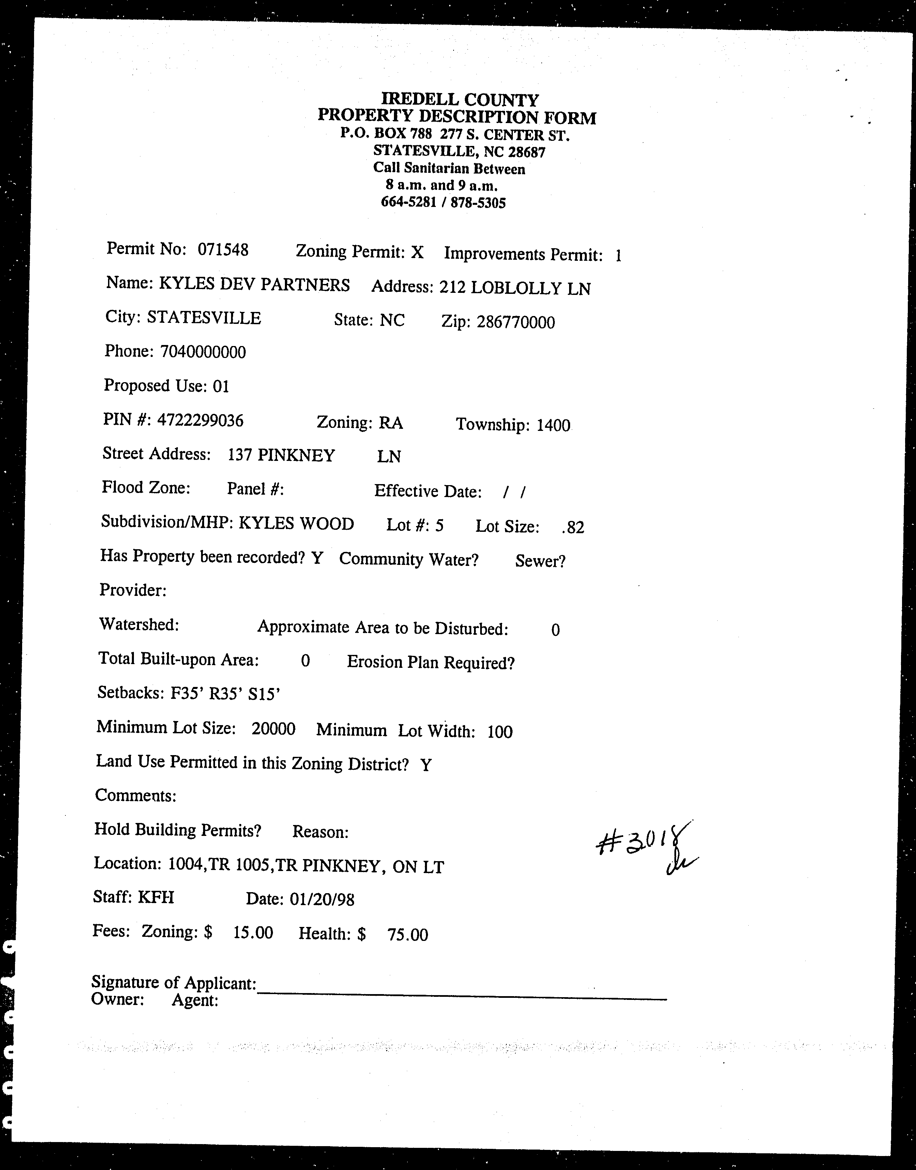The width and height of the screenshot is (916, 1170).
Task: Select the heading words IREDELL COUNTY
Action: [460, 100]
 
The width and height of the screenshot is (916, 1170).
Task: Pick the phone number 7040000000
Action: [203, 352]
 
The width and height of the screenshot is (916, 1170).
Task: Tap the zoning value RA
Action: [391, 423]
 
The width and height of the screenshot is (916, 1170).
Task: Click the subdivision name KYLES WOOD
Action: [296, 524]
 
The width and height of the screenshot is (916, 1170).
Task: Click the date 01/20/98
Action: [322, 899]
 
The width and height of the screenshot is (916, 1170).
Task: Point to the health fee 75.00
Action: [408, 935]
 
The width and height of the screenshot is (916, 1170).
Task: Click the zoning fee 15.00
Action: [253, 932]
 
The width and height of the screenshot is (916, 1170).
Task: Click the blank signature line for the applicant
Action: [461, 997]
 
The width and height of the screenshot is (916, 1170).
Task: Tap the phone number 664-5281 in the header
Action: [408, 202]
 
